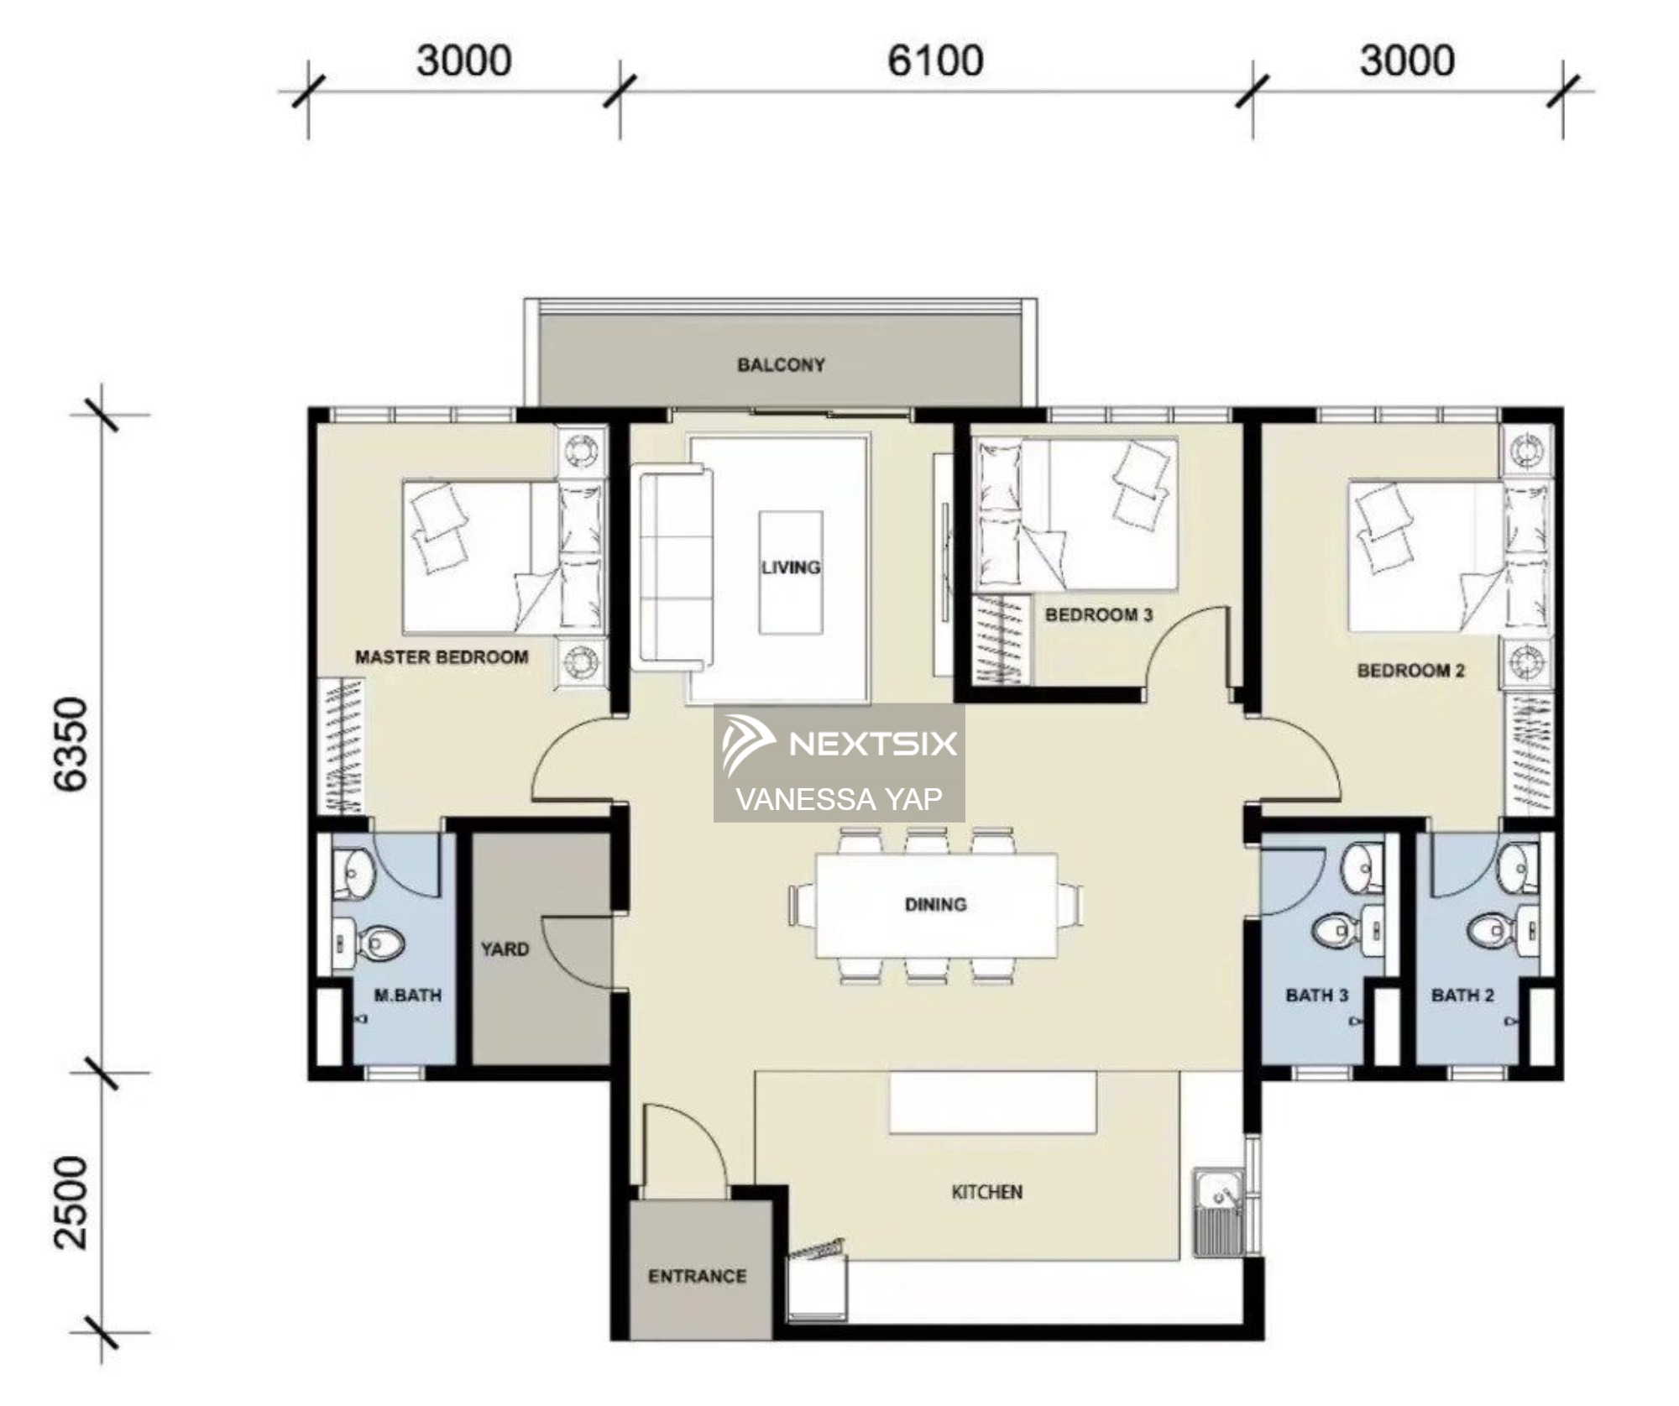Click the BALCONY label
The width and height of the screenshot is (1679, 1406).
pos(781,365)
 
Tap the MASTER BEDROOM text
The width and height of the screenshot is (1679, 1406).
pos(442,657)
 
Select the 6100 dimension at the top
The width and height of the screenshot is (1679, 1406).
pos(935,61)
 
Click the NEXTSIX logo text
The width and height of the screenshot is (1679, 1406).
pos(873,744)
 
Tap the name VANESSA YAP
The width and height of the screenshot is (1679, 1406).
pos(839,799)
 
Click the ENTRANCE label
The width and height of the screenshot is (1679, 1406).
pos(697,1277)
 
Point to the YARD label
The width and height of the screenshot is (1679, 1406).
pos(505,949)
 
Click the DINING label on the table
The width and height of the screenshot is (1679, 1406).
pos(935,904)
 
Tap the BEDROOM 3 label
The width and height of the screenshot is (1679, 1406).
pos(1099,615)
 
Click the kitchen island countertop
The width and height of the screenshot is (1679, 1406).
pos(993,1101)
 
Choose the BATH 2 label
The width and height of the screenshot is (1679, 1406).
pos(1462,996)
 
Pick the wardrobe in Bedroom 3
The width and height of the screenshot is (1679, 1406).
pos(1002,640)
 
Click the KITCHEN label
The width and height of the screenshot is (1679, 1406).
pos(987,1192)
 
